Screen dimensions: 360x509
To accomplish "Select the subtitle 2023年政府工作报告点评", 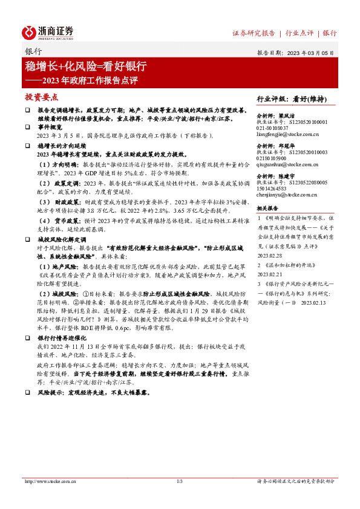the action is (x=87, y=79).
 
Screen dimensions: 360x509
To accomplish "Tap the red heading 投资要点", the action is (x=41, y=97).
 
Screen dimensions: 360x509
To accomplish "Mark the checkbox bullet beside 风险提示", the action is (x=28, y=376).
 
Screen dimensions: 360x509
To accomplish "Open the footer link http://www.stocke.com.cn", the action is (x=50, y=482).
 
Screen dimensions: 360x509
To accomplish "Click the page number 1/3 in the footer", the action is (x=179, y=482).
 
